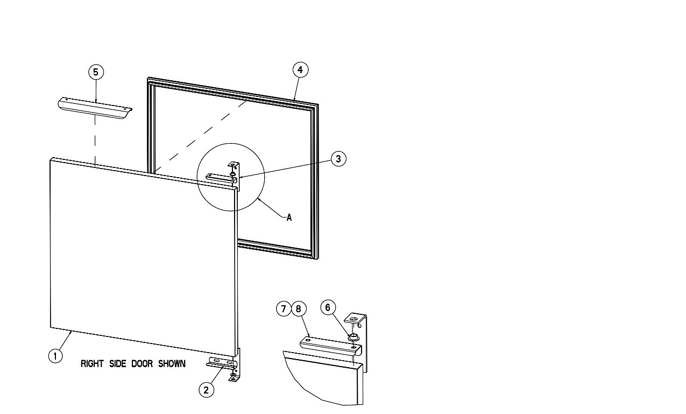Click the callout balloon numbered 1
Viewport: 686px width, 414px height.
coord(55,356)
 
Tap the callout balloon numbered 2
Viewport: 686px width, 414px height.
coord(207,390)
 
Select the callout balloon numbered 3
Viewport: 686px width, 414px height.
coord(338,159)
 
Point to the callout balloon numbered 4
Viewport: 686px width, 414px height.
coord(300,70)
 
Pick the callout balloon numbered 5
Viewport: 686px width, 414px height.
coord(96,72)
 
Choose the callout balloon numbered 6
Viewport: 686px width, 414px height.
coord(328,307)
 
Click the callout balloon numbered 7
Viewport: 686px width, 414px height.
coord(284,308)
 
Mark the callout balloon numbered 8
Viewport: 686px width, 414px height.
coord(299,308)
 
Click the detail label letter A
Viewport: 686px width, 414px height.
coord(289,217)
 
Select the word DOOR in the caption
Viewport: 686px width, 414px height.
coord(142,364)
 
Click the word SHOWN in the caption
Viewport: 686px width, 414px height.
coord(172,364)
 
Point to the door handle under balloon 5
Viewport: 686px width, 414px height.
coord(95,108)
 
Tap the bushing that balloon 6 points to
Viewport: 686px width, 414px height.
coord(353,338)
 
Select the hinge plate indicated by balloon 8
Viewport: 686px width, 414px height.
coord(331,346)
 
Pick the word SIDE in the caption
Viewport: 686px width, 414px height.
coord(118,364)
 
